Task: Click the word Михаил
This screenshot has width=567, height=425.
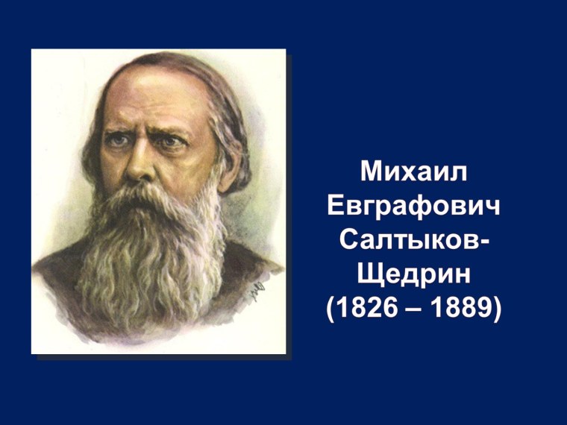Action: click(x=415, y=172)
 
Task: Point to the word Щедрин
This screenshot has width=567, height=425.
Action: click(x=415, y=275)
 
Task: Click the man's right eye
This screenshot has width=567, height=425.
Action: click(x=119, y=139)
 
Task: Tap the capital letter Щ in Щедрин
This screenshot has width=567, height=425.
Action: click(x=372, y=275)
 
